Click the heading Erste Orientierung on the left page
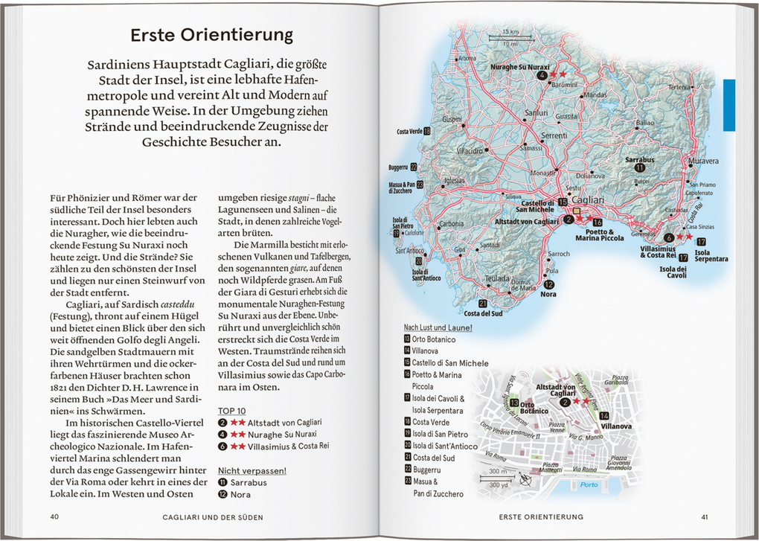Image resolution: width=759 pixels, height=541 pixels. pos(211,35)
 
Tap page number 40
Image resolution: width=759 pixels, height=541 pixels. pos(54,517)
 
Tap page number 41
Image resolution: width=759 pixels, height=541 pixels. pos(704,517)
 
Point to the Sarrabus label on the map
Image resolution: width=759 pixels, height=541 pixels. pos(639,159)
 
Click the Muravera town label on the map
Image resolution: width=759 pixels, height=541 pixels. pos(704,161)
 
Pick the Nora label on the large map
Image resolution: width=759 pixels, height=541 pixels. pos(548,294)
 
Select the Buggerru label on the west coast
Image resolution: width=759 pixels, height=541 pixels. pos(398,168)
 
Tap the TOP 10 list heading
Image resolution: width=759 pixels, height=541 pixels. pos(231,410)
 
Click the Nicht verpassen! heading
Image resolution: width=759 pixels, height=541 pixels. pos(252,470)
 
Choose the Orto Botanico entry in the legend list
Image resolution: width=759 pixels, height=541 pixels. pos(434,339)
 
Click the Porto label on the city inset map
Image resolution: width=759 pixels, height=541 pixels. pos(589,485)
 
